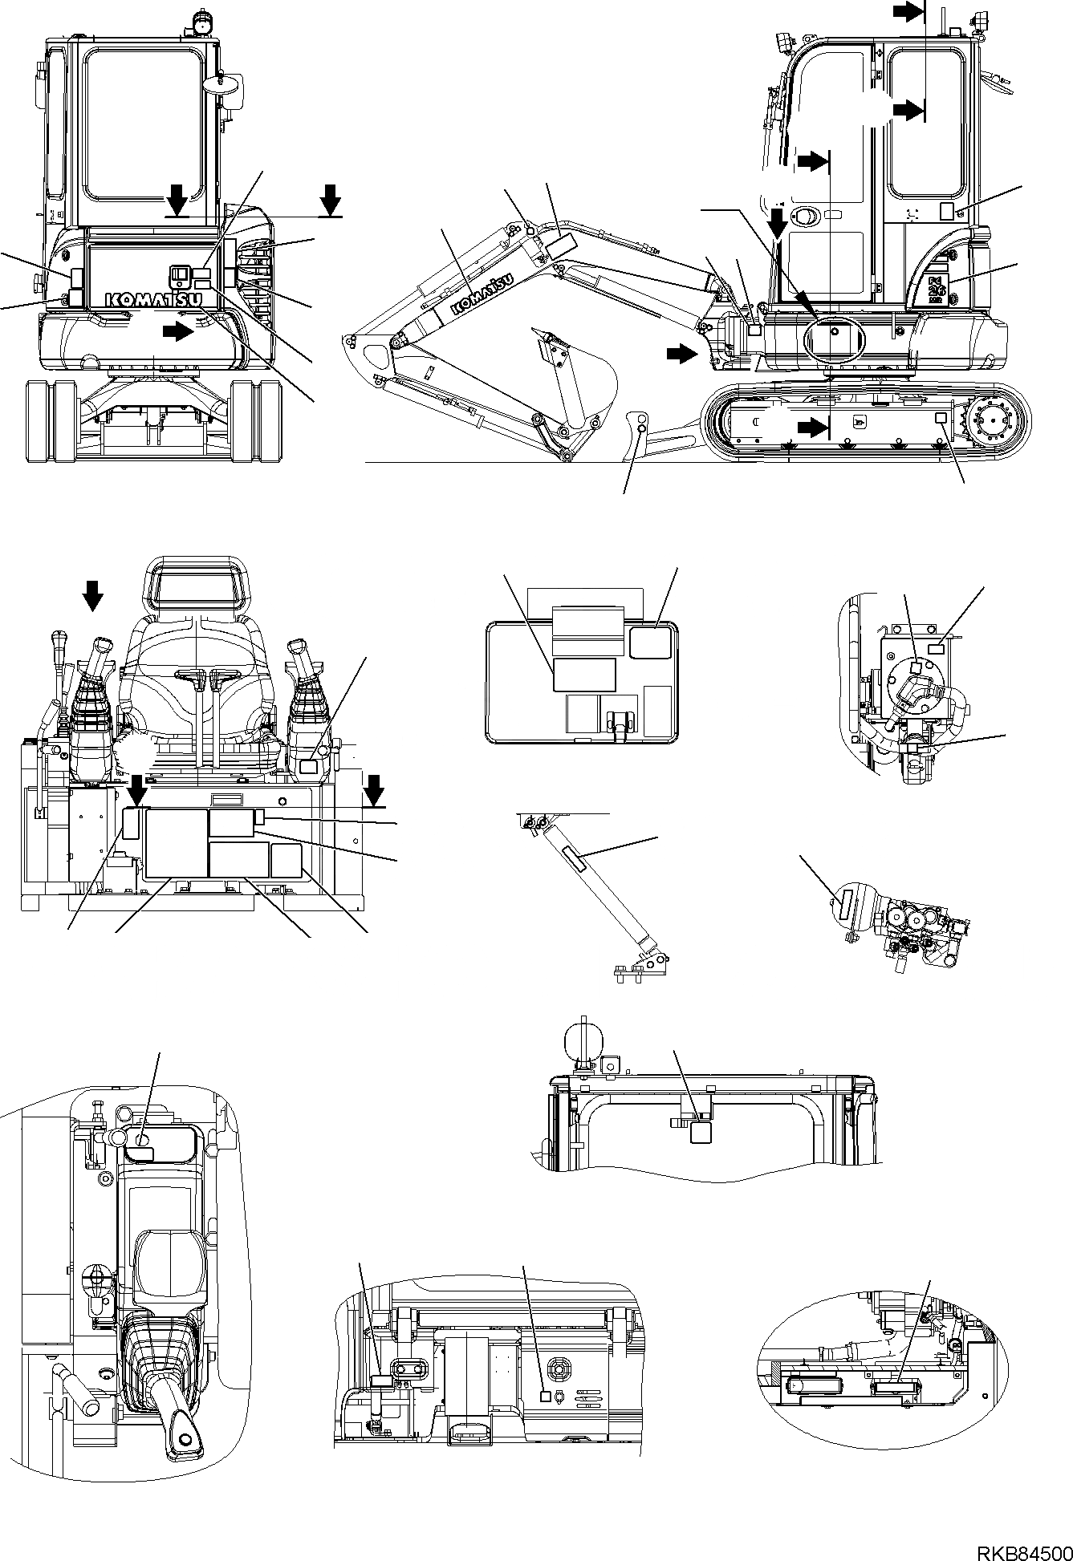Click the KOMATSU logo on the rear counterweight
(x=143, y=299)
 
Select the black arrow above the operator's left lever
(x=93, y=597)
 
